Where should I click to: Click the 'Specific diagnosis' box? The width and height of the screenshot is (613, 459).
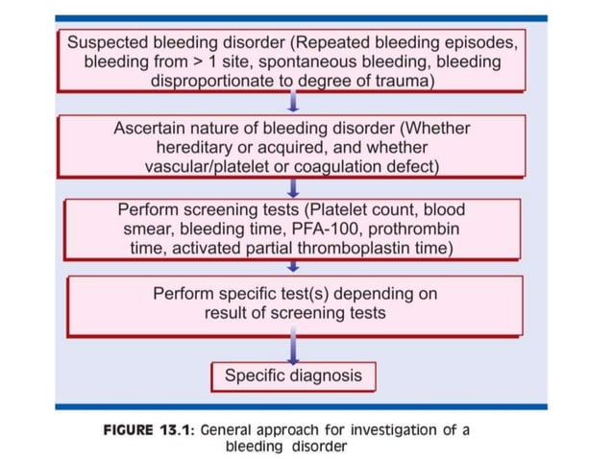point(293,375)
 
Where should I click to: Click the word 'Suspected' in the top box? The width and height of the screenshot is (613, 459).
point(107,43)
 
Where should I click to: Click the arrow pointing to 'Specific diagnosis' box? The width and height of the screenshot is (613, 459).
point(292,348)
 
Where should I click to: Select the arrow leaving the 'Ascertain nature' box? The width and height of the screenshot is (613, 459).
point(292,187)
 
